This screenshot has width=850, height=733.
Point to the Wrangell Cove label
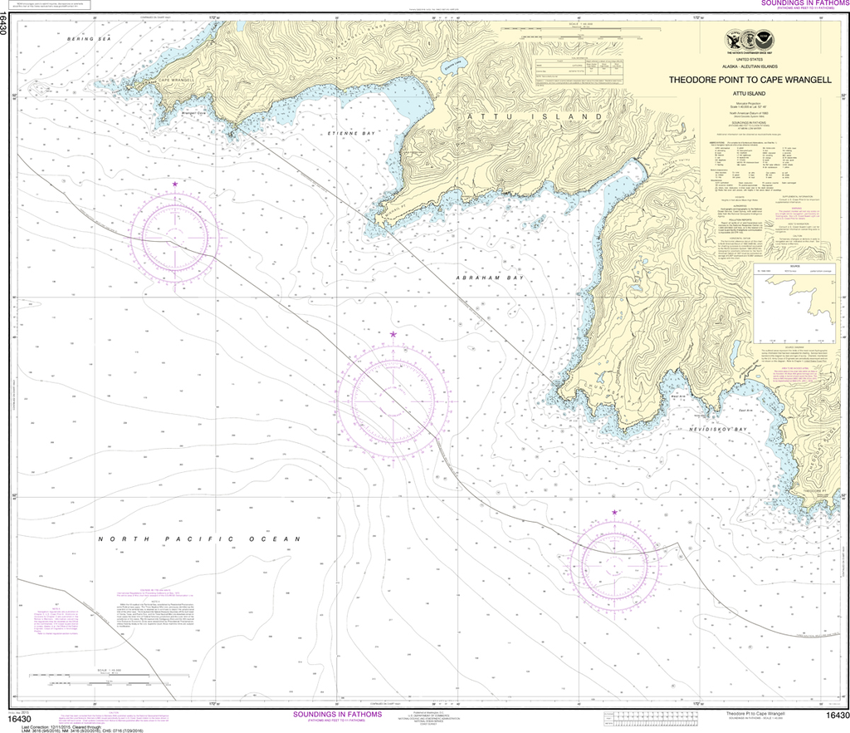point(193,114)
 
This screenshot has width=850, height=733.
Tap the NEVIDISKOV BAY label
point(717,430)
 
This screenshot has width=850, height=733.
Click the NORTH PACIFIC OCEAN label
point(198,539)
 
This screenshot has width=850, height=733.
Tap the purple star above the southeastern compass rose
point(614,513)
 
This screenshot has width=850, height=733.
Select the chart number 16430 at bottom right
point(836,716)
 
